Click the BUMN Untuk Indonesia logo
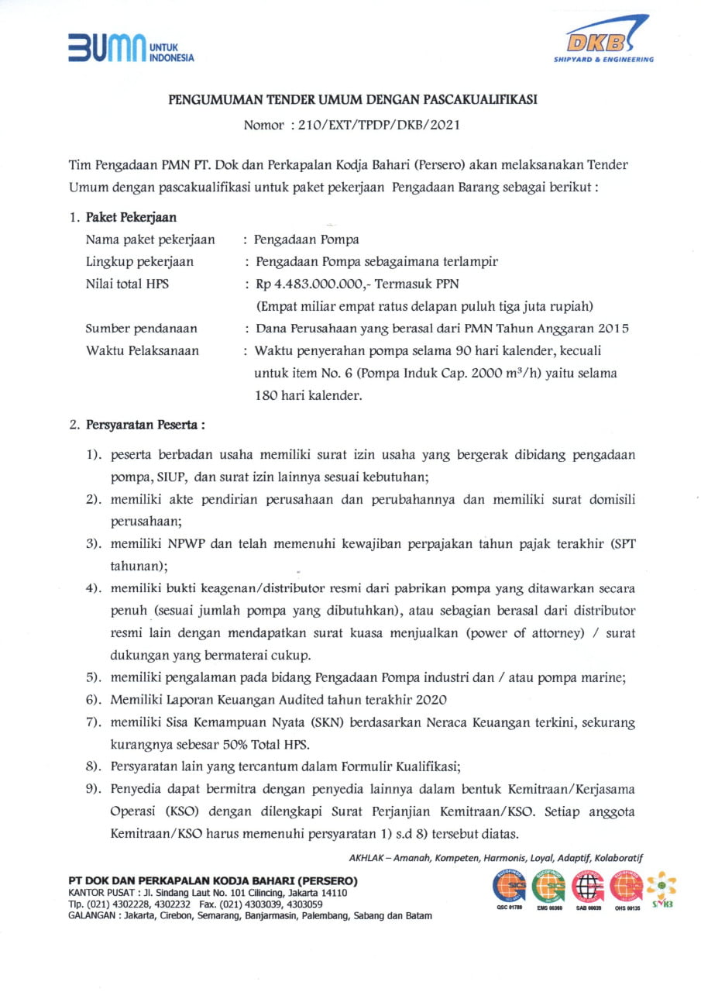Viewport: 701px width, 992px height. pyautogui.click(x=130, y=48)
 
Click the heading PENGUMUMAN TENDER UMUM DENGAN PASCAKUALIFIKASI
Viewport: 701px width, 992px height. pyautogui.click(x=353, y=99)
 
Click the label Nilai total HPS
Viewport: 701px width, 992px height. pyautogui.click(x=127, y=284)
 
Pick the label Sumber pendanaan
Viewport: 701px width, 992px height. pyautogui.click(x=141, y=329)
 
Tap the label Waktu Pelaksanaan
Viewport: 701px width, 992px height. pyautogui.click(x=142, y=350)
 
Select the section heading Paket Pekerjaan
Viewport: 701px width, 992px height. pyautogui.click(x=130, y=218)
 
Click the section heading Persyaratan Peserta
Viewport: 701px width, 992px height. pyautogui.click(x=145, y=425)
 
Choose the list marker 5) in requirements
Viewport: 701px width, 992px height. pyautogui.click(x=95, y=677)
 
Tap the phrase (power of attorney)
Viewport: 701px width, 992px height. pyautogui.click(x=524, y=632)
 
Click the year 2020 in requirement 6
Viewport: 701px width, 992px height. pyautogui.click(x=431, y=700)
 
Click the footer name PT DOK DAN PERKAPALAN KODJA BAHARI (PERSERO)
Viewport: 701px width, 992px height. pyautogui.click(x=213, y=880)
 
